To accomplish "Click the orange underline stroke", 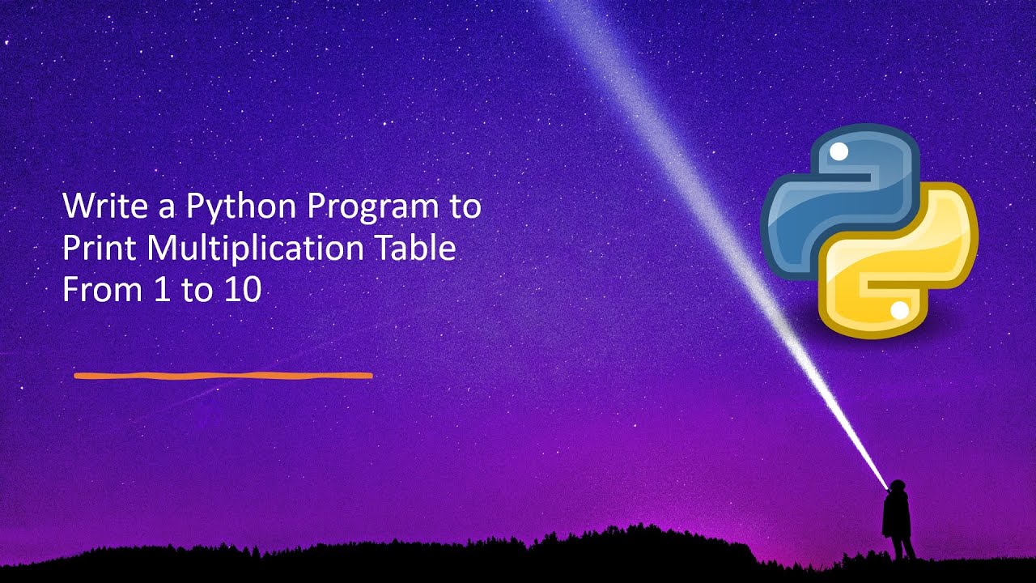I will click(223, 376).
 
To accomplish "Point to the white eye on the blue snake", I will click(839, 151).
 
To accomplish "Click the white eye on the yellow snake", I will click(898, 310).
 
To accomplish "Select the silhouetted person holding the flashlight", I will click(897, 518).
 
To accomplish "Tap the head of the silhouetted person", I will click(897, 487).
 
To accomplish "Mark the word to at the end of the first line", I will click(465, 206).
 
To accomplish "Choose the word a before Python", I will click(167, 208).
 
